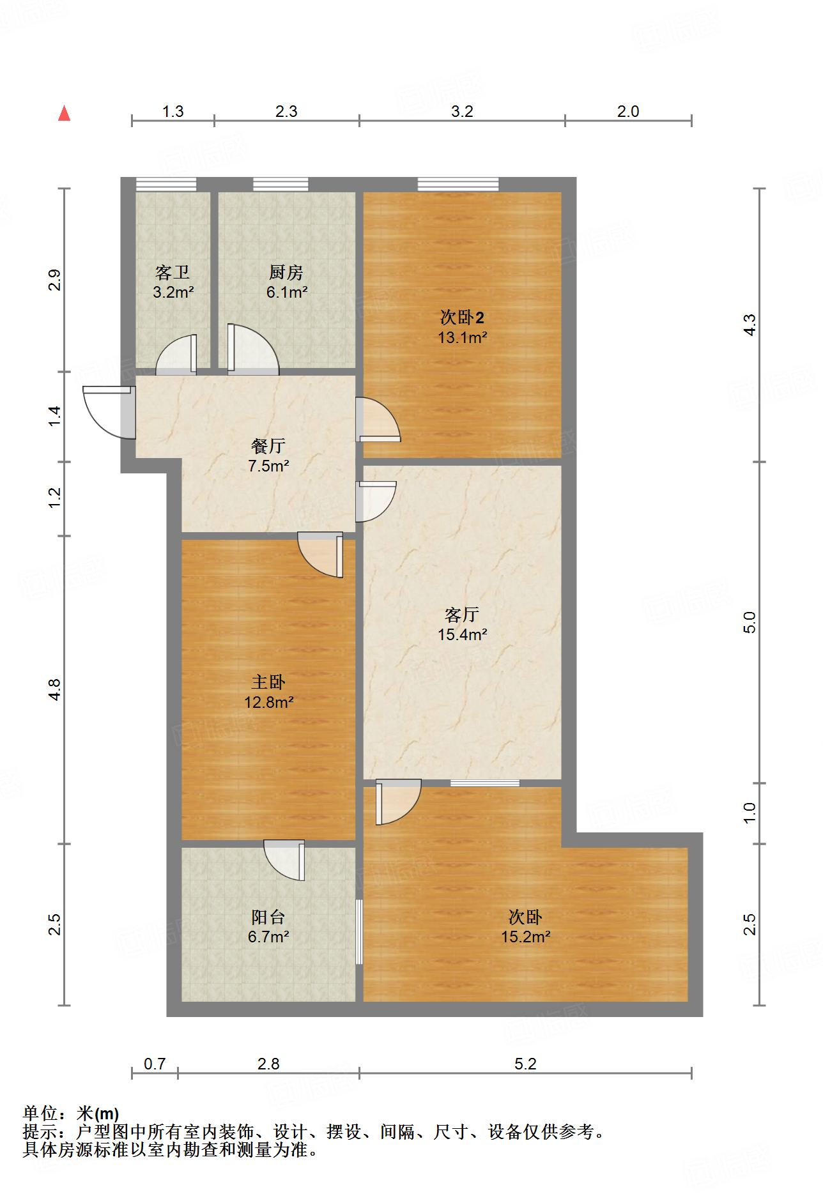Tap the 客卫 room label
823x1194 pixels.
coord(173,273)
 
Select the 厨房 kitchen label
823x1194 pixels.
coord(286,273)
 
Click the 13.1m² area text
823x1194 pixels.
coord(462,337)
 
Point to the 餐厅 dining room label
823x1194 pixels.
coord(268,446)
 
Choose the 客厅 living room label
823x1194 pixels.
coord(462,615)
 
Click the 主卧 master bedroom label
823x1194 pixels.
coord(268,682)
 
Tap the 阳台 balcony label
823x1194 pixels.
coord(268,917)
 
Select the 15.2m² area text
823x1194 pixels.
coord(526,937)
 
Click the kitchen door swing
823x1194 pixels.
coord(253,349)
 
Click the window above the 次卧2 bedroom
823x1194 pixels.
coord(458,185)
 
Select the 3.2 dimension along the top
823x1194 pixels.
coord(462,112)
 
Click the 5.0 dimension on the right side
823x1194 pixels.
coord(750,622)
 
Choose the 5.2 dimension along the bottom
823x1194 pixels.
coord(525,1064)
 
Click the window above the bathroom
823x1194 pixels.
coord(166,185)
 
